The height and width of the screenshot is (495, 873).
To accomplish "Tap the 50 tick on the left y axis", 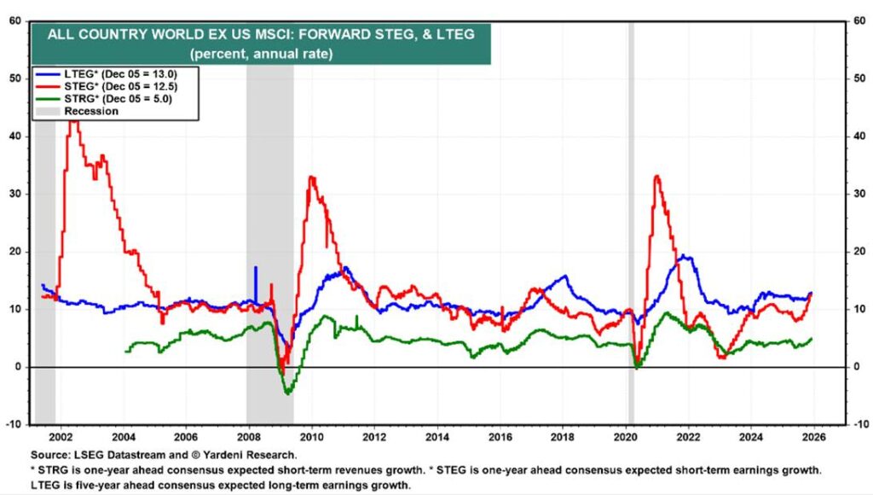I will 15,79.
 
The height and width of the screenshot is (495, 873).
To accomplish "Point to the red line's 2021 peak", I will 656,176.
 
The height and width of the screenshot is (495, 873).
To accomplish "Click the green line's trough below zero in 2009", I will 287,393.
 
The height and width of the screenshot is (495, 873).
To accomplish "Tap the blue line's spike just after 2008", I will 255,268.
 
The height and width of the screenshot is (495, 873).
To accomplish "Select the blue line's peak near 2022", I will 684,256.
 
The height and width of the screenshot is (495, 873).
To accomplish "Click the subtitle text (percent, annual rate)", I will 261,53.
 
